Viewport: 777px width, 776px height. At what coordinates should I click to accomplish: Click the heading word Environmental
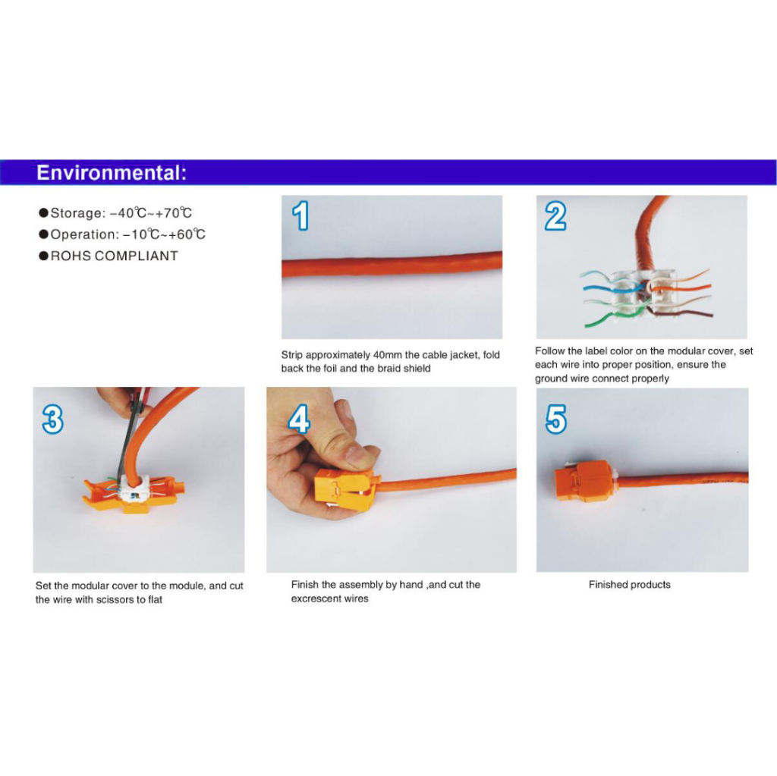tap(109, 173)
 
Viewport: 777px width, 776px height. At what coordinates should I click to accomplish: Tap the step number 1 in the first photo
tap(300, 215)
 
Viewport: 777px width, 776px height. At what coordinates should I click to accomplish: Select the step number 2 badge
tap(555, 216)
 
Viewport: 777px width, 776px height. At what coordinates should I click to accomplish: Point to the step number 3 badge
tap(53, 419)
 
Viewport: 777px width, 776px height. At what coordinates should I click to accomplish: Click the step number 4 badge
tap(299, 419)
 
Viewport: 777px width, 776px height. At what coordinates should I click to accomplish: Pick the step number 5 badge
tap(555, 419)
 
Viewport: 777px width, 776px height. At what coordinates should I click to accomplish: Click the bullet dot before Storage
tap(43, 213)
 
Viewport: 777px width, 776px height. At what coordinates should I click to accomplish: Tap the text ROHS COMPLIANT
tap(114, 256)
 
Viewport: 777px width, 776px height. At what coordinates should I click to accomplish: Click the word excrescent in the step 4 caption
tap(313, 598)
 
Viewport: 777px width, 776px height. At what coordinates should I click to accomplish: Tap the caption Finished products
tap(629, 585)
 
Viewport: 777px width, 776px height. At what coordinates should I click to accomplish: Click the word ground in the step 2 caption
tap(549, 379)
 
